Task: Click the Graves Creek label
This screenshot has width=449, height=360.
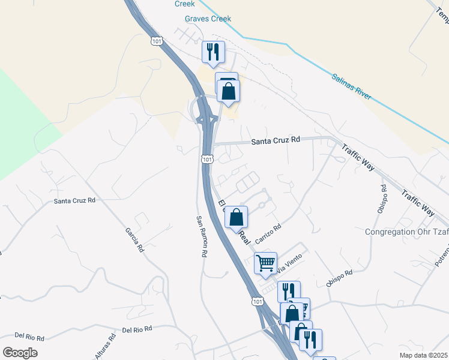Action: [x=207, y=19]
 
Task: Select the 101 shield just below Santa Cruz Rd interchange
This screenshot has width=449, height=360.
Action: [x=206, y=159]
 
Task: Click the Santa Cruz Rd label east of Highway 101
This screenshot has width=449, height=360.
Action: [x=275, y=140]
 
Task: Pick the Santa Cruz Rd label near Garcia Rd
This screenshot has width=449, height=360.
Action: [x=74, y=200]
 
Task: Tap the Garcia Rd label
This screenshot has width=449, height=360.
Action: [x=134, y=239]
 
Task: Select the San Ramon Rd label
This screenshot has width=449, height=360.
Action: [x=202, y=236]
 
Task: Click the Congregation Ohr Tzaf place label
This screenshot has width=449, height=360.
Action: [x=406, y=232]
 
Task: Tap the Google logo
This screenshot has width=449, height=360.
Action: [x=20, y=352]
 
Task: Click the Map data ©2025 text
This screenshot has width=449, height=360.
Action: [x=423, y=355]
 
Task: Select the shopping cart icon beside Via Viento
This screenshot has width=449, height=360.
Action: [x=265, y=262]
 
